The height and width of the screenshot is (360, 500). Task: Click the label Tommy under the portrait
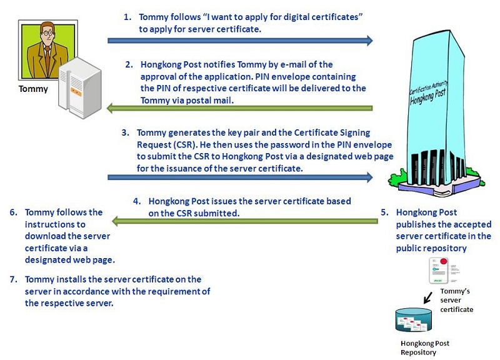click(x=33, y=89)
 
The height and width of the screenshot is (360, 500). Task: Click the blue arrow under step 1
click(x=240, y=41)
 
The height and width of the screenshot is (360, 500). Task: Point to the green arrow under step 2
click(x=240, y=109)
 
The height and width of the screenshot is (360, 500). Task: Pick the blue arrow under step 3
click(x=240, y=177)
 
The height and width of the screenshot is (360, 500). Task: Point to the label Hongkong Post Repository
click(x=425, y=347)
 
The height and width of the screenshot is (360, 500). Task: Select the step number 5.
click(x=385, y=212)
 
